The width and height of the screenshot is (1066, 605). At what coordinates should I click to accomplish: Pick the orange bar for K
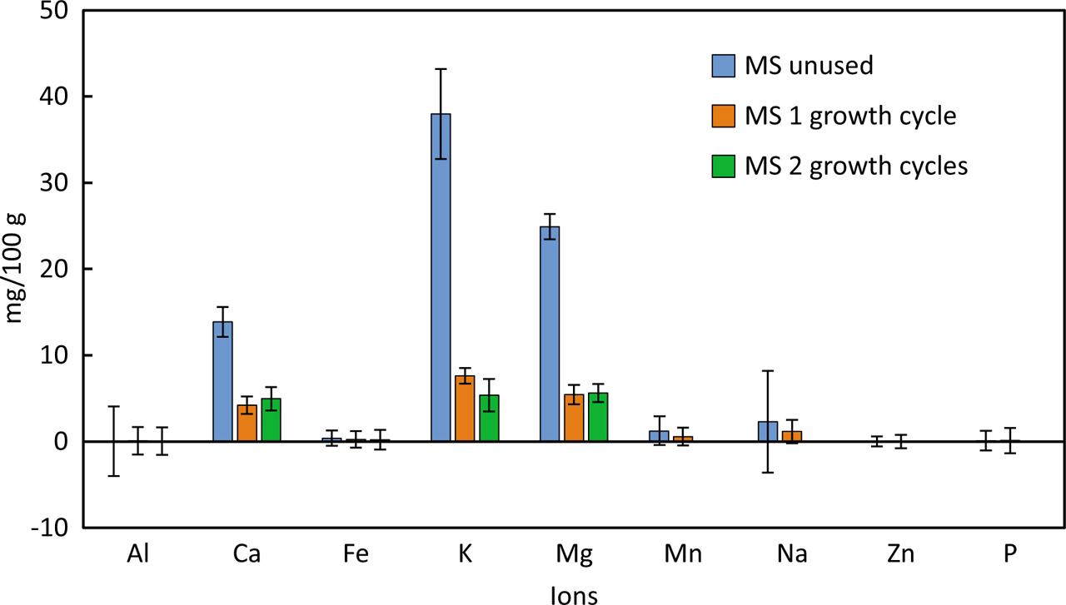[465, 409]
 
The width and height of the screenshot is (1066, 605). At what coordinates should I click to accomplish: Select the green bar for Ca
[271, 420]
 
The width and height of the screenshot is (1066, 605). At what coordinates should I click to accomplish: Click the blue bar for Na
[767, 431]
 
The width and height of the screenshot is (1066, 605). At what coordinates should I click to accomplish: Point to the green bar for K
[489, 418]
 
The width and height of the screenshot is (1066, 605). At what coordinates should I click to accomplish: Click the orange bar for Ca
[247, 423]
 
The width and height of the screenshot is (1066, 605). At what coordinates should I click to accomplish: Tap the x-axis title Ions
[574, 594]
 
